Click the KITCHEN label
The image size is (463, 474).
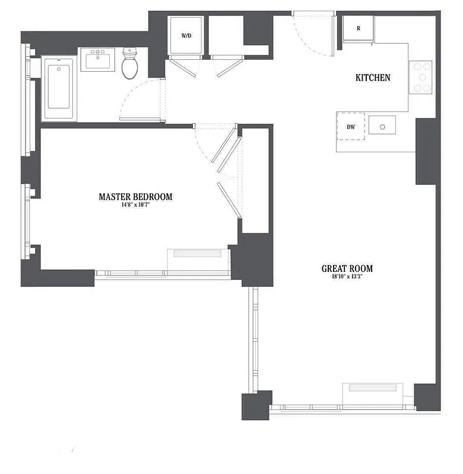(373, 78)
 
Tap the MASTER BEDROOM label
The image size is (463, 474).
(135, 197)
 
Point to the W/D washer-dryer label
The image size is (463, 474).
(186, 36)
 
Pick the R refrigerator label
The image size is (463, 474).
(359, 28)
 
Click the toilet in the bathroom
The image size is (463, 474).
(130, 65)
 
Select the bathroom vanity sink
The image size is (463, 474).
(97, 59)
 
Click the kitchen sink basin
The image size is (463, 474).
(382, 126)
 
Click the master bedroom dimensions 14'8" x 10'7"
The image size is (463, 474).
(135, 206)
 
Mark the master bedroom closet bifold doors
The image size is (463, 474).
(229, 172)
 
